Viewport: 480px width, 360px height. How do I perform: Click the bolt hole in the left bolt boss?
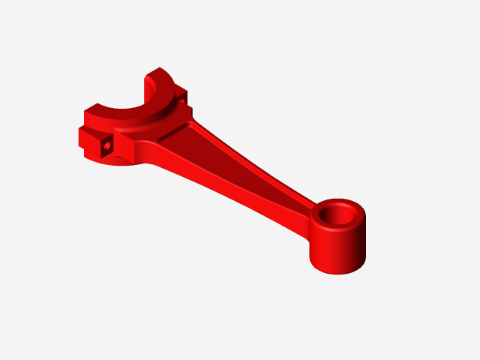[x=108, y=145]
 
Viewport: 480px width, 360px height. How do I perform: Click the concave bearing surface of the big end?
[x=151, y=100]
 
